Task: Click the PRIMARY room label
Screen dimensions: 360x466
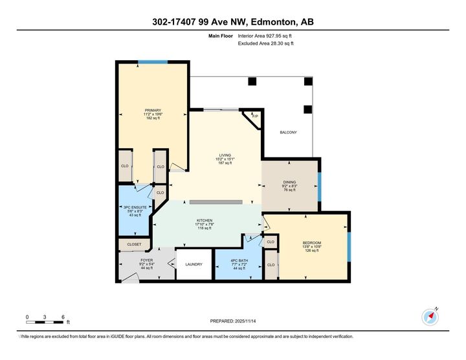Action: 153,111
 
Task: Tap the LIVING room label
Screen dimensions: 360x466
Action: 225,155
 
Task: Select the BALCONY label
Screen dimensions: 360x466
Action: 288,133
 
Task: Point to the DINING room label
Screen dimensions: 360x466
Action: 289,182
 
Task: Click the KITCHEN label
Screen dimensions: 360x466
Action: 205,221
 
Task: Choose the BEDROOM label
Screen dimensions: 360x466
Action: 311,243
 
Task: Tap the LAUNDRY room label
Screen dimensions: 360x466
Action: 194,264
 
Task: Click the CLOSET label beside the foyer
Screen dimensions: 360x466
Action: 134,245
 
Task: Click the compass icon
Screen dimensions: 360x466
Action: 430,316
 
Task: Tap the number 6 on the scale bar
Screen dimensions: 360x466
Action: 63,317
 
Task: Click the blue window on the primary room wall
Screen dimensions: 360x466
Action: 153,62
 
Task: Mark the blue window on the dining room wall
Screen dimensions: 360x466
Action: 319,185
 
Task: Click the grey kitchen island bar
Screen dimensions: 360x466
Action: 216,202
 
